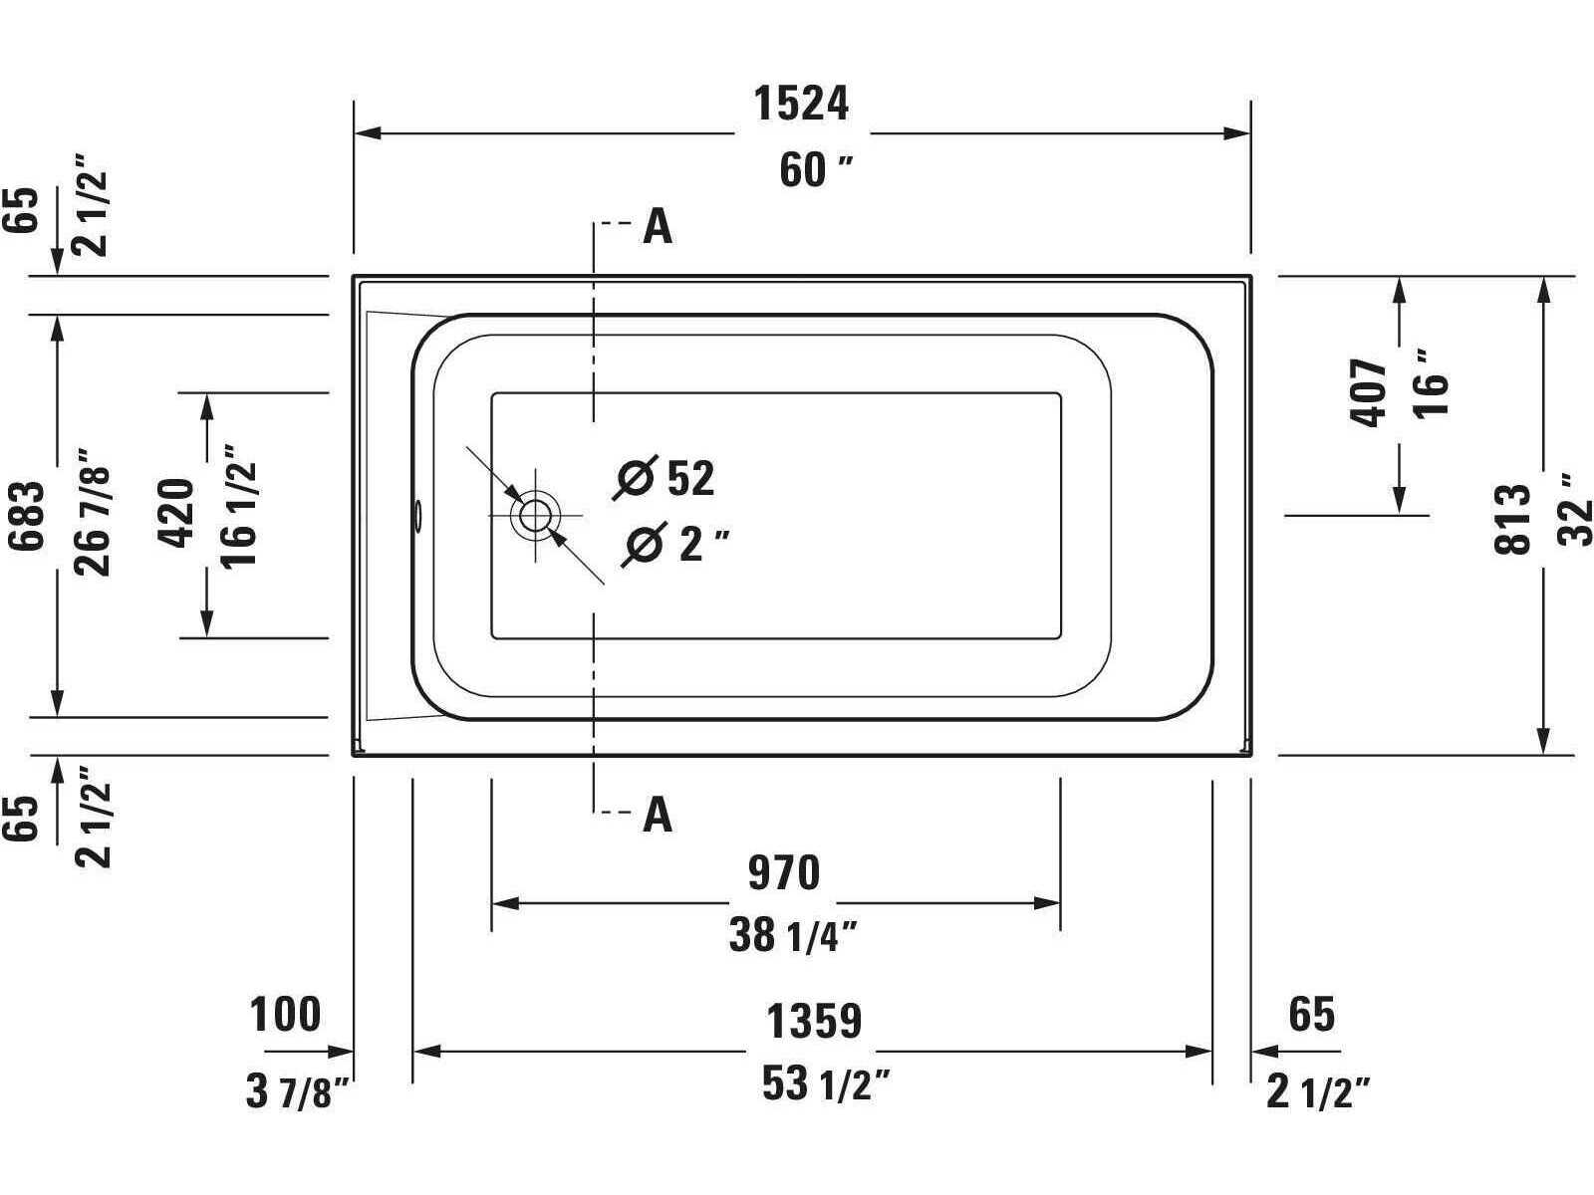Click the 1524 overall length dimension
801,104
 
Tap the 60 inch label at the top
815,171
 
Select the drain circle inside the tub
534,515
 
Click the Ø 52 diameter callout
665,478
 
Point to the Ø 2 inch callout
675,544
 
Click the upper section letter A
658,227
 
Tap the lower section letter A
658,815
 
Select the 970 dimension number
784,873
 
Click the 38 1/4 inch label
793,936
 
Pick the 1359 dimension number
813,1022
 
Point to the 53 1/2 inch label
825,1083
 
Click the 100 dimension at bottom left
285,1015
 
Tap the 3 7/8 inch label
298,1092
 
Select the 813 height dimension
1511,518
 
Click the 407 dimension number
1370,393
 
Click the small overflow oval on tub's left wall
418,515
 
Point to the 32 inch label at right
1576,508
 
